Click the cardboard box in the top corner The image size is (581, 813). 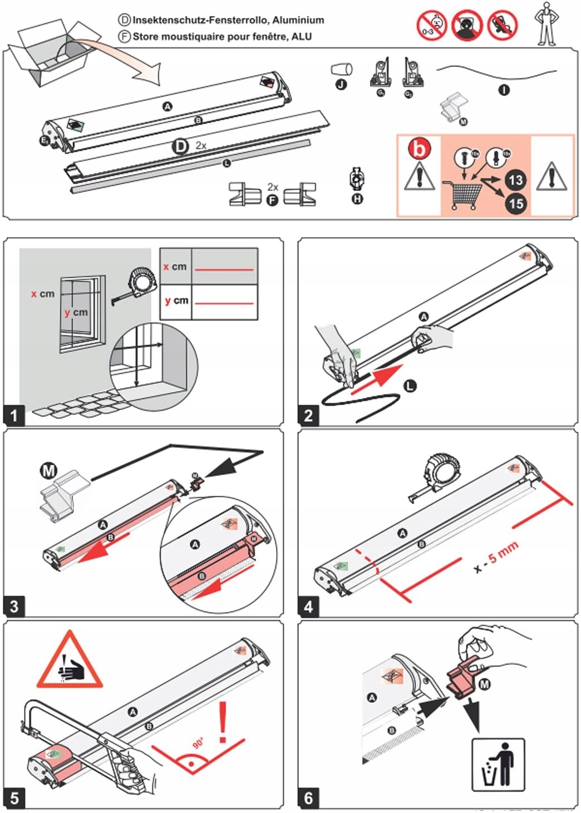tap(50, 53)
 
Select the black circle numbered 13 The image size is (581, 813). tap(515, 180)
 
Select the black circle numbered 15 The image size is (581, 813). tap(515, 203)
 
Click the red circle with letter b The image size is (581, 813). tap(420, 149)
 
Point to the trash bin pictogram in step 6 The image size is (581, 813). tap(498, 765)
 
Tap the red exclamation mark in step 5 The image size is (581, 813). tap(224, 722)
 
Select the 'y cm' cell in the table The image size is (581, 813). tap(176, 301)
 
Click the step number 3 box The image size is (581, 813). tap(14, 606)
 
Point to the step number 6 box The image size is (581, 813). tap(308, 798)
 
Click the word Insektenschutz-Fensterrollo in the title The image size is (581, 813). tap(201, 20)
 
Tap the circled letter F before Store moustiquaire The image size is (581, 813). tap(125, 37)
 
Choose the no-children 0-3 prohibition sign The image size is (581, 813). tap(432, 25)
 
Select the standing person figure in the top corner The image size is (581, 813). tap(546, 24)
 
